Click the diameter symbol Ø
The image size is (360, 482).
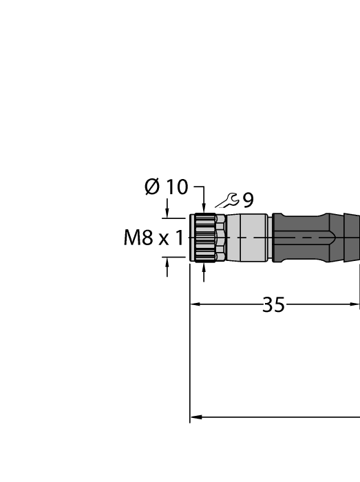pyautogui.click(x=152, y=187)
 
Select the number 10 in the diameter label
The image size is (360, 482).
pyautogui.click(x=176, y=187)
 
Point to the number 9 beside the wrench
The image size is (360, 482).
pyautogui.click(x=247, y=200)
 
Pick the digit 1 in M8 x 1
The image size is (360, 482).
pyautogui.click(x=180, y=239)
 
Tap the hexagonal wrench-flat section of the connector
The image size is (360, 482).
pyautogui.click(x=220, y=237)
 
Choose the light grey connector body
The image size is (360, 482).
pyautogui.click(x=248, y=237)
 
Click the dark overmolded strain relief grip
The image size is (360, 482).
pyautogui.click(x=310, y=237)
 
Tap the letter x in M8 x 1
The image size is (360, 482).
pyautogui.click(x=164, y=240)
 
